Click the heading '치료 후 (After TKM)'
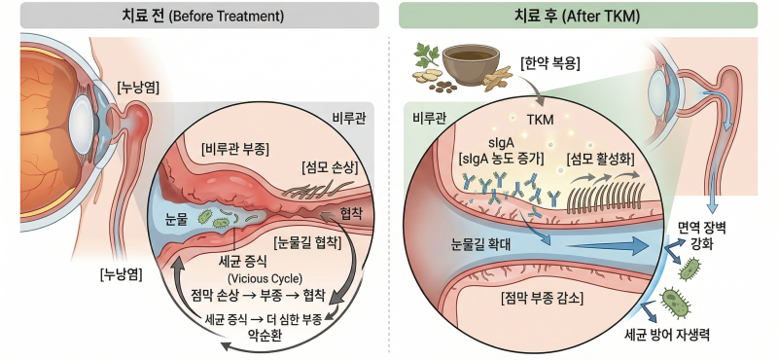[x=578, y=16]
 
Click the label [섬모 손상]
[x=330, y=167]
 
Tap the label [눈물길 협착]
[x=306, y=243]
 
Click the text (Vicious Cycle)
[x=265, y=277]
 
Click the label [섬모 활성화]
[x=601, y=160]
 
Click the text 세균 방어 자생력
[x=666, y=335]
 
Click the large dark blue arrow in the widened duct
[x=609, y=245]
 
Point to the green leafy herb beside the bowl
[x=427, y=55]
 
